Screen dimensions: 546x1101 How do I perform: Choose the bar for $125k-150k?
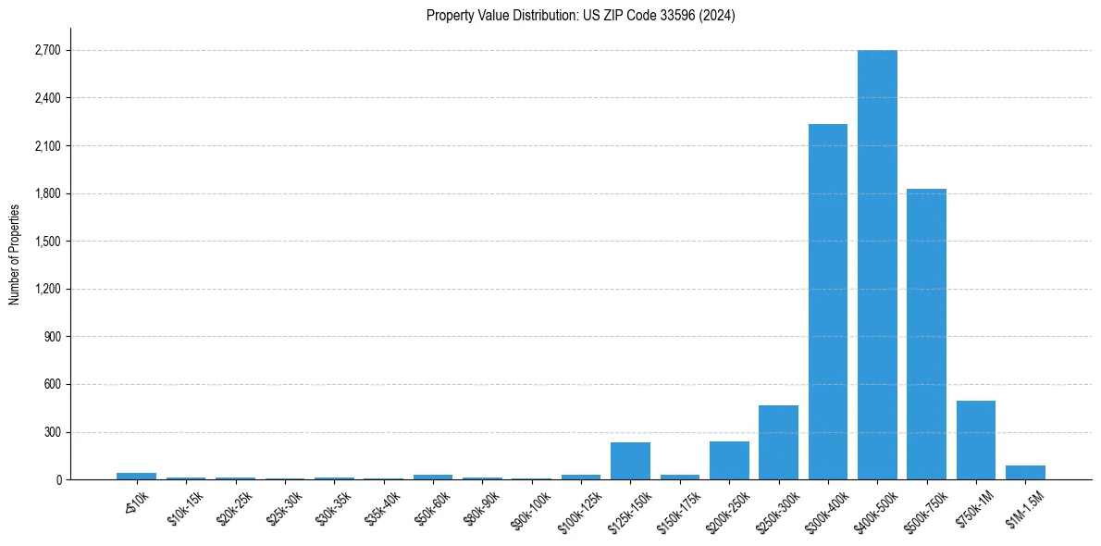pos(630,461)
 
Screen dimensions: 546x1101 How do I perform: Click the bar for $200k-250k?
pos(729,461)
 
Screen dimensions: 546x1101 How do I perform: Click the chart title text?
pos(581,16)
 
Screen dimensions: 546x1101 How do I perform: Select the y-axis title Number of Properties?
pos(14,254)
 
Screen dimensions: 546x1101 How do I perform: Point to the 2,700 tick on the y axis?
pos(47,50)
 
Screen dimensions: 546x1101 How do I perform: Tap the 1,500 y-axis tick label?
pos(47,242)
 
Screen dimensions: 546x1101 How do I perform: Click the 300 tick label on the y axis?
pos(52,432)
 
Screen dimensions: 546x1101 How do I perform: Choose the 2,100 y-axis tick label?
pos(47,146)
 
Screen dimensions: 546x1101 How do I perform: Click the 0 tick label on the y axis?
pos(57,480)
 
